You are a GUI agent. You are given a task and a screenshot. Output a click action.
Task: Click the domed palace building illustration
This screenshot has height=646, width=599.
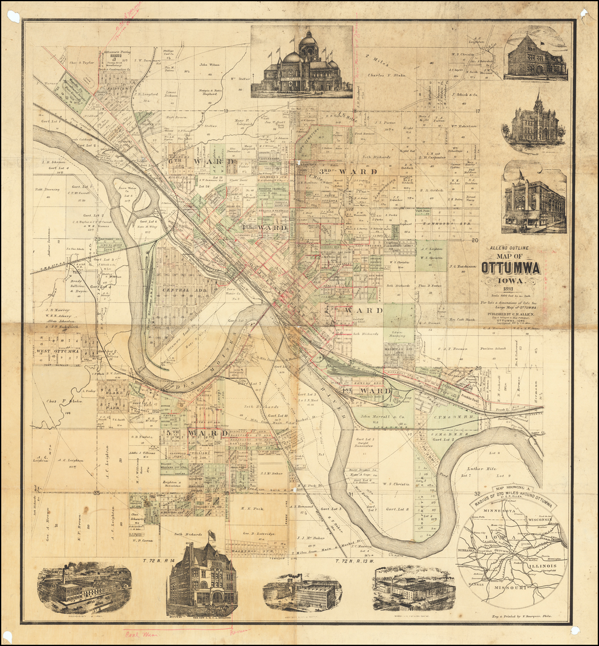pyautogui.click(x=301, y=63)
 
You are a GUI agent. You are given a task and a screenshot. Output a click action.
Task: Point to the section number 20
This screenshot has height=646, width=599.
pyautogui.click(x=475, y=240)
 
